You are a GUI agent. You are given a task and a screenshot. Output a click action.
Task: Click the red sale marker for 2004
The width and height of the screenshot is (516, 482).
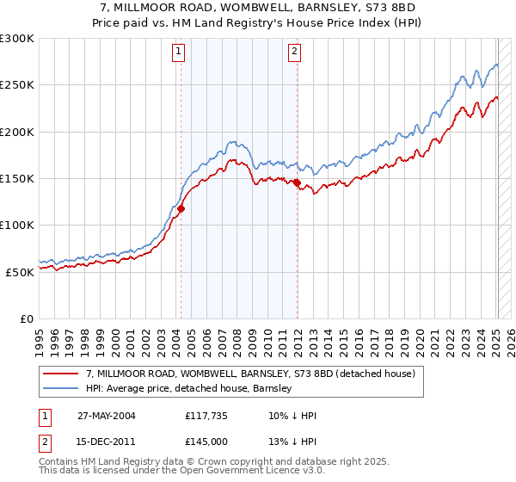click(x=181, y=208)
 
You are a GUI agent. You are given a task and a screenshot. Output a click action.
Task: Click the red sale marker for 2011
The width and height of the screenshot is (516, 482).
click(x=297, y=182)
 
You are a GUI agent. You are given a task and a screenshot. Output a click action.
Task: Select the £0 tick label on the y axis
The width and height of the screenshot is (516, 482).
click(x=26, y=318)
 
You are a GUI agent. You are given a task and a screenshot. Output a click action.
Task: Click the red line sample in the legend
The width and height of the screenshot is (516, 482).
click(x=62, y=374)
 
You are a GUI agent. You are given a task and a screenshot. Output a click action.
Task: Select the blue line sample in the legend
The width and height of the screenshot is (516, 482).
click(x=62, y=389)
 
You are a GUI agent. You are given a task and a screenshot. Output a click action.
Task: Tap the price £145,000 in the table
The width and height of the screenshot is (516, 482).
click(x=206, y=442)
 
